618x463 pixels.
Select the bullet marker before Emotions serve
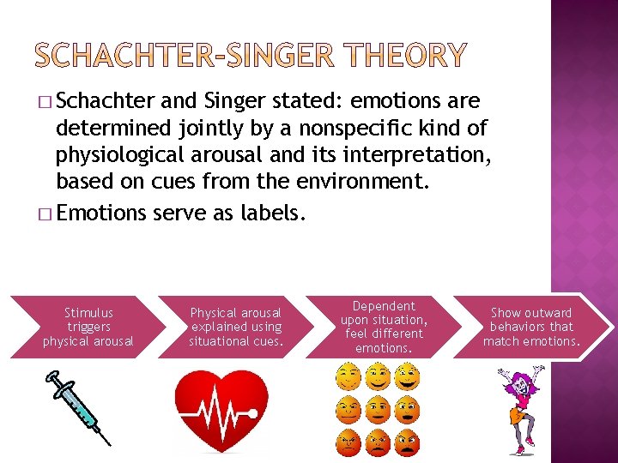(44, 213)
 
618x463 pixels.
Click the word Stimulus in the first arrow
(88, 313)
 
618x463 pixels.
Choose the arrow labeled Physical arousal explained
(235, 327)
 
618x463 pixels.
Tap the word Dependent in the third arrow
(383, 306)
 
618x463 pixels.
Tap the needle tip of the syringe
(109, 443)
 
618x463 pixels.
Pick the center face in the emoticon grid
(378, 409)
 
